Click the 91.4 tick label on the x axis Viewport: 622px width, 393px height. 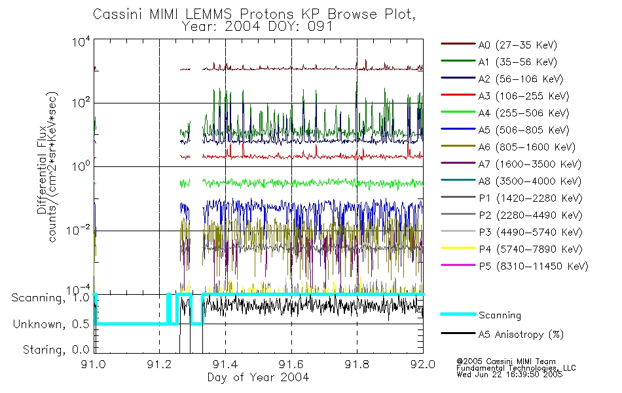click(225, 365)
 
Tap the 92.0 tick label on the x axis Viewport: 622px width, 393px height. click(423, 365)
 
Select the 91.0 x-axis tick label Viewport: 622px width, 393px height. click(94, 365)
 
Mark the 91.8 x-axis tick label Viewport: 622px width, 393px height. click(357, 365)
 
